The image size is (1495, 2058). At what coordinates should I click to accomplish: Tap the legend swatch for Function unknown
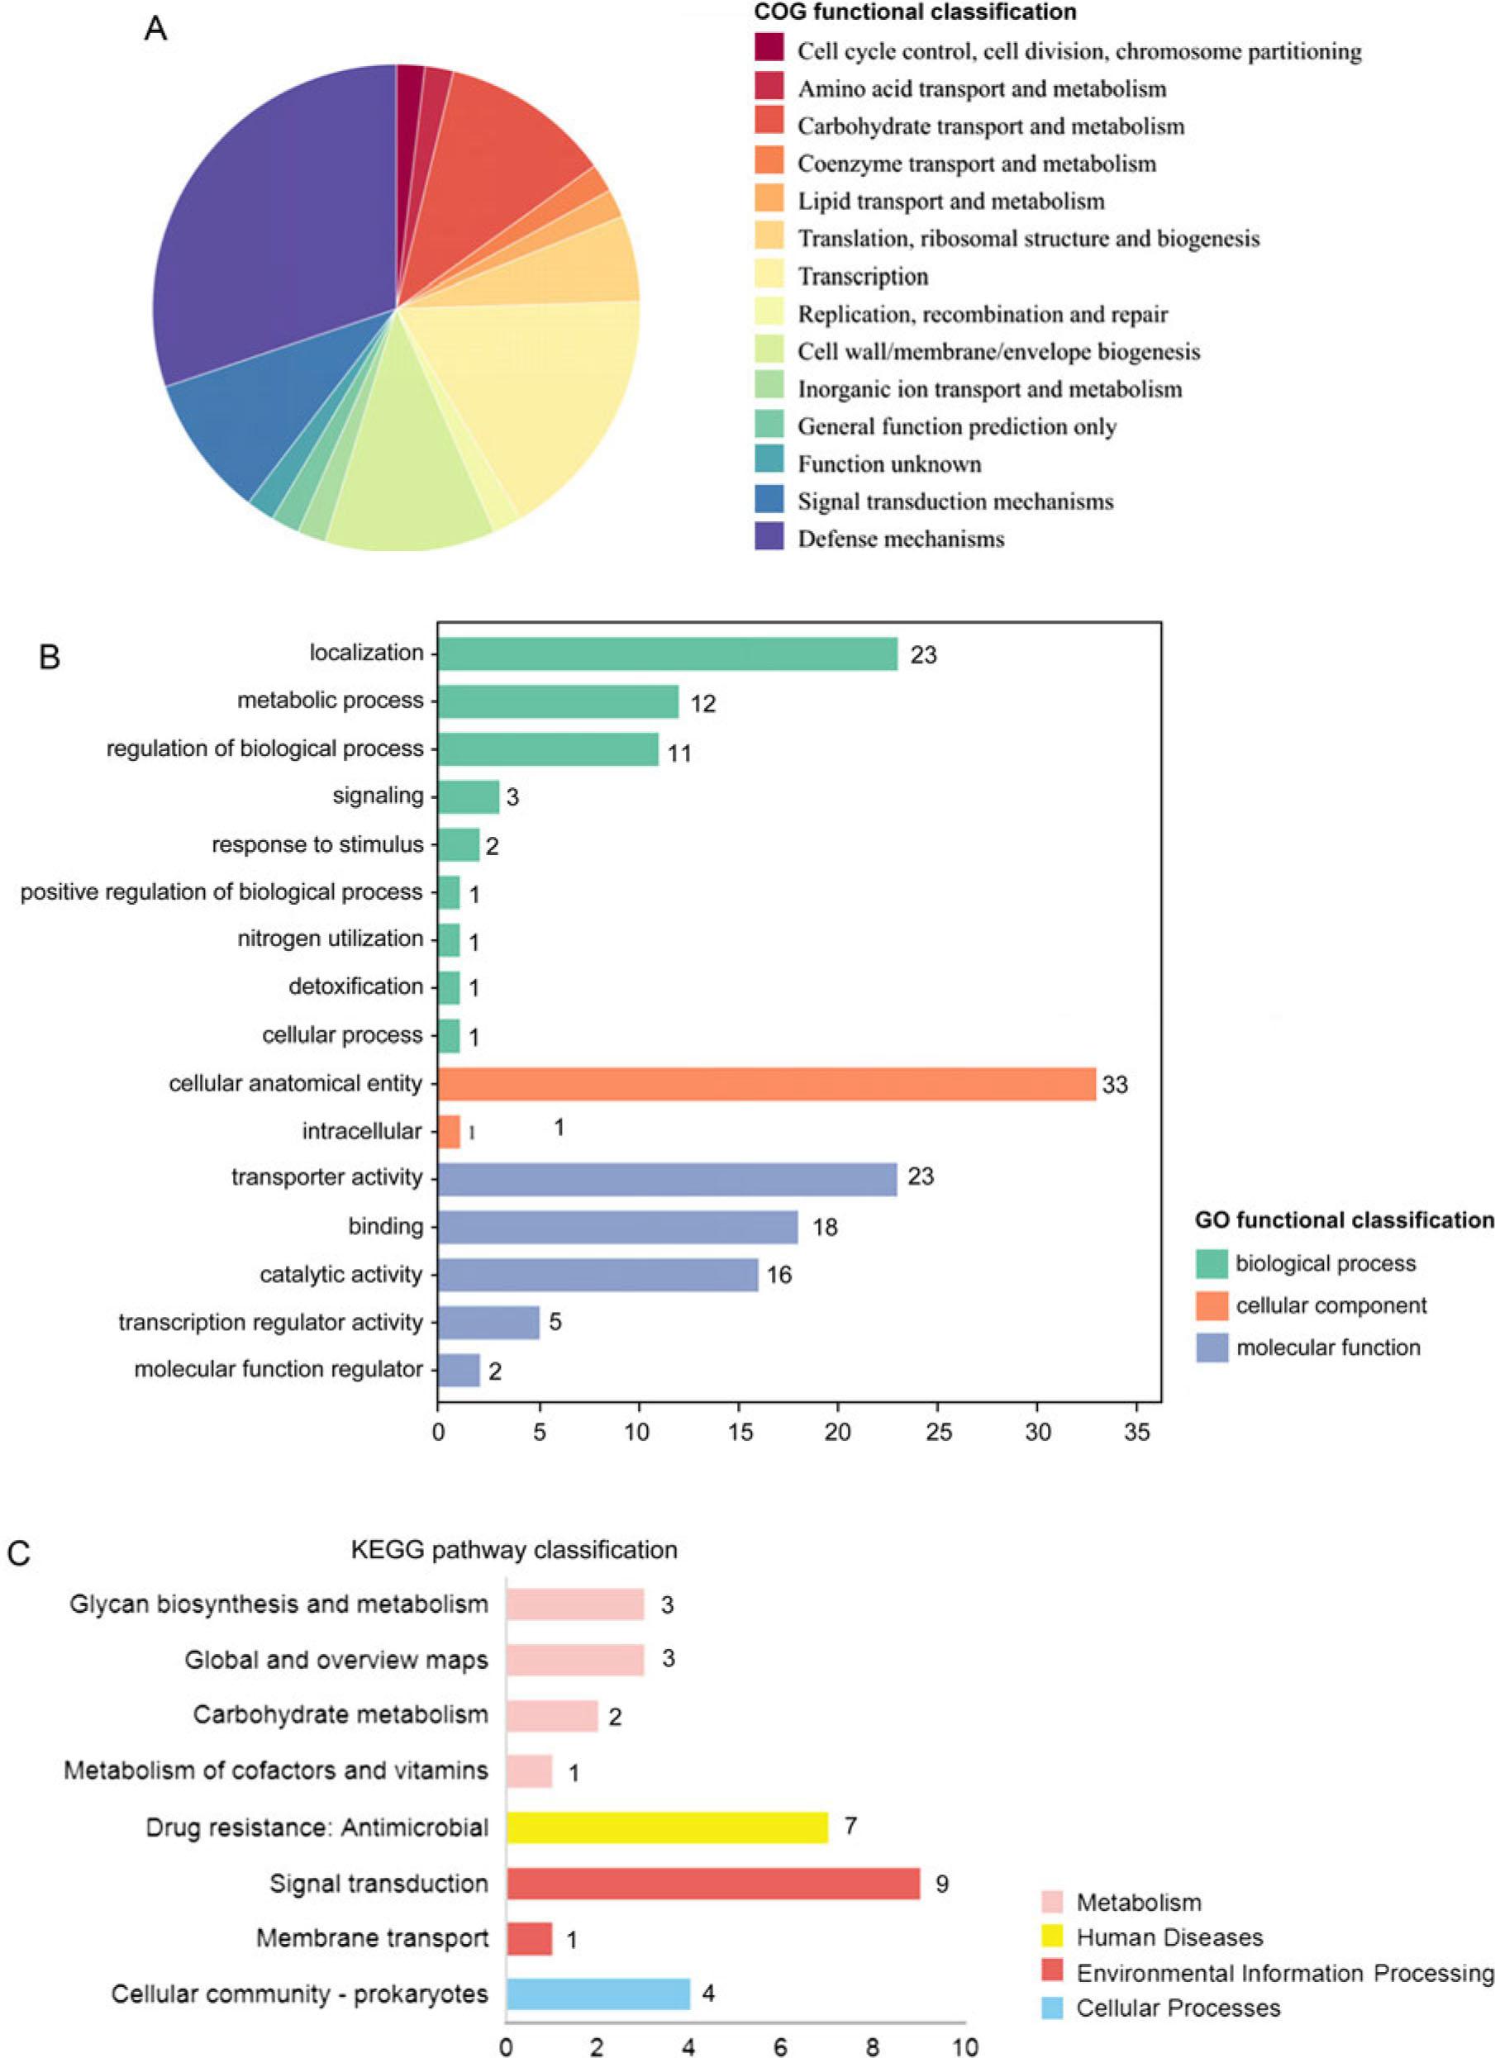click(x=769, y=463)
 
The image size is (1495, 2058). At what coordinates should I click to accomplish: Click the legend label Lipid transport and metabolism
click(x=950, y=202)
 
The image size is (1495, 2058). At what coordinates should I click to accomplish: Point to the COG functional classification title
click(x=915, y=12)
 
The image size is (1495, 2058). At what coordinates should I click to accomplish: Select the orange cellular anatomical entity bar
click(x=766, y=1083)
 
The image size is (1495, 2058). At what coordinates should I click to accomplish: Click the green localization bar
click(x=667, y=654)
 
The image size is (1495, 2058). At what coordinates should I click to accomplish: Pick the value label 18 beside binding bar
click(x=824, y=1228)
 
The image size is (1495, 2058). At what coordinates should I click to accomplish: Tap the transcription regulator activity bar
click(x=488, y=1322)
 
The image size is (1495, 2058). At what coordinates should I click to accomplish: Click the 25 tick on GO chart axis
click(x=938, y=1433)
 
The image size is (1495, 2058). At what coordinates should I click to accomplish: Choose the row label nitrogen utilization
click(x=331, y=939)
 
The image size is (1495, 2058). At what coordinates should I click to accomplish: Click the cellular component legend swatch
click(x=1212, y=1305)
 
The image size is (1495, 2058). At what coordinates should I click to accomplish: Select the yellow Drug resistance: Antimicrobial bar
click(x=667, y=1827)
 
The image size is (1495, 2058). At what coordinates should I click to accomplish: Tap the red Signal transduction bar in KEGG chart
click(x=712, y=1884)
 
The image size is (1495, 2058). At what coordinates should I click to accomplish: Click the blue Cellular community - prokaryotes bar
click(x=598, y=1994)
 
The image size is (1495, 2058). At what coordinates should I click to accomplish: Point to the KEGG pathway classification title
click(x=514, y=1550)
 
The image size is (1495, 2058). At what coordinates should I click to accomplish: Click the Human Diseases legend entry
click(x=1169, y=1937)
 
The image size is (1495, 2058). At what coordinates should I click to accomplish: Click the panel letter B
click(x=50, y=657)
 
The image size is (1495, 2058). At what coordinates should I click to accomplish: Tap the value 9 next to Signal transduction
click(x=941, y=1885)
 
